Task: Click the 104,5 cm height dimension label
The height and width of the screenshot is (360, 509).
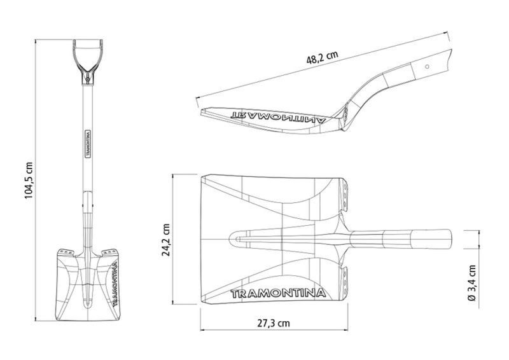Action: (29, 180)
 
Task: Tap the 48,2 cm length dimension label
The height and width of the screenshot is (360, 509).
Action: (322, 57)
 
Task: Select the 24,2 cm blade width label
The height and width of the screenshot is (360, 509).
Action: (166, 240)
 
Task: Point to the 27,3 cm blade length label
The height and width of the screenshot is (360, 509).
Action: (274, 323)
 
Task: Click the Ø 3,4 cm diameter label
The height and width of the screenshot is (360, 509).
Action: (471, 283)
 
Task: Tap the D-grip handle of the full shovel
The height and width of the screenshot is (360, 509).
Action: (88, 60)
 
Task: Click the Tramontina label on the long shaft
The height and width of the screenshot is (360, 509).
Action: (87, 144)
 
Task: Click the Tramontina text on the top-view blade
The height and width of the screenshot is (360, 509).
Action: (278, 293)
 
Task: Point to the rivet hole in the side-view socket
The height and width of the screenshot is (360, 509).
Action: (427, 67)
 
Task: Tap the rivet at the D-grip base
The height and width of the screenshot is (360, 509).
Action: (87, 79)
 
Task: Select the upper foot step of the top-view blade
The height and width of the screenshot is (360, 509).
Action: (344, 196)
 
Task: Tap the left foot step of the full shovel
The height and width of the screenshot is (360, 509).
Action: (67, 253)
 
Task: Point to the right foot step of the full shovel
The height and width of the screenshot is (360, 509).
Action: (109, 253)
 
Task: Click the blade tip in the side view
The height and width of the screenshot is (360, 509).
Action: (202, 112)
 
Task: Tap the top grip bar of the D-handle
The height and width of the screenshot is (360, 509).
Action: (88, 41)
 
